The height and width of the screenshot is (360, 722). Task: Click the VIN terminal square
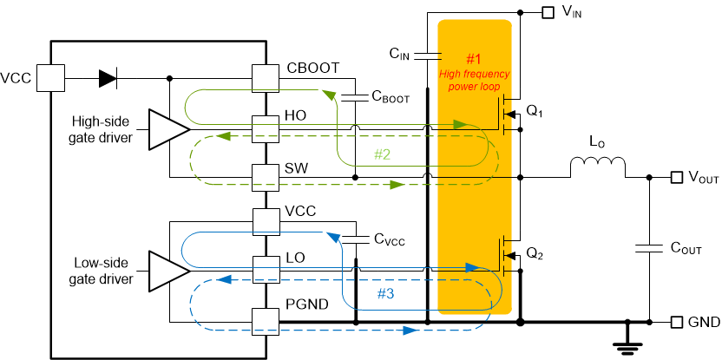point(548,12)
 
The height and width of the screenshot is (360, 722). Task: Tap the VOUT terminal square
point(677,177)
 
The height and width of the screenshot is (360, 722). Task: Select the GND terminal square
point(677,323)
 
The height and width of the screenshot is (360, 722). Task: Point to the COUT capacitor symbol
point(650,248)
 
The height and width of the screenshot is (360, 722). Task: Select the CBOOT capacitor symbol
point(355,98)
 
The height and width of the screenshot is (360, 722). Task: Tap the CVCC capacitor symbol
point(355,239)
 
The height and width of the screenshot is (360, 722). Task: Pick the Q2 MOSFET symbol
point(510,257)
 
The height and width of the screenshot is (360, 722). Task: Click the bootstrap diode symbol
point(108,78)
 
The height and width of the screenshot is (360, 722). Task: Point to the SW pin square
point(264,177)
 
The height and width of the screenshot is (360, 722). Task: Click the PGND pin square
point(264,323)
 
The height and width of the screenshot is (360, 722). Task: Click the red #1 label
point(473,59)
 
